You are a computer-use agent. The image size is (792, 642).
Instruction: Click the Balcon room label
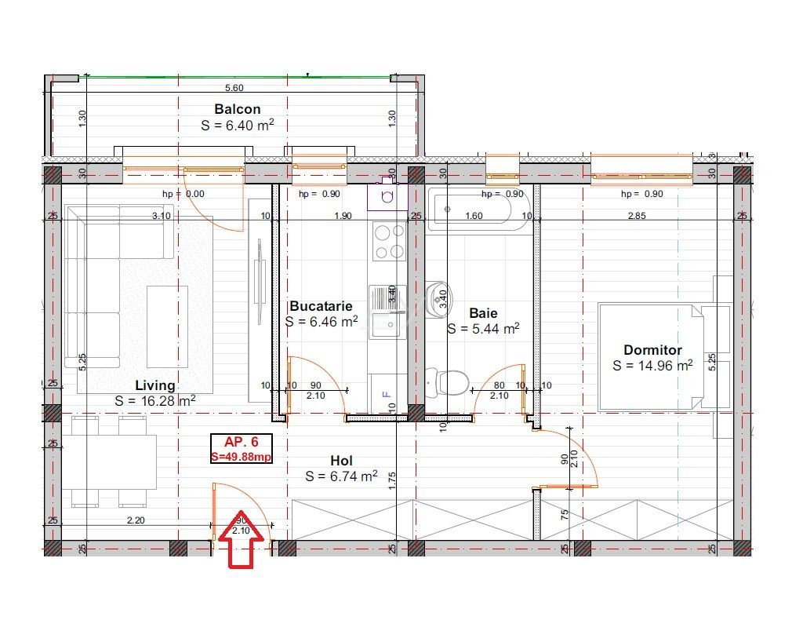pos(237,109)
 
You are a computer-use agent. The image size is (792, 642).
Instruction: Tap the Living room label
pos(155,385)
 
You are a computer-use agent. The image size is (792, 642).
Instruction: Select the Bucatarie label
pos(321,306)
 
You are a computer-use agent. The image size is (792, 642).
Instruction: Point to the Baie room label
pos(484,313)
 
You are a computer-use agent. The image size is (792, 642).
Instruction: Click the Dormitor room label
pos(652,350)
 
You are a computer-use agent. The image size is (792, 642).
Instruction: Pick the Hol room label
pos(341,461)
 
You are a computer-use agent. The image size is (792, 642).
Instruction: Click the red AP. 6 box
pos(242,448)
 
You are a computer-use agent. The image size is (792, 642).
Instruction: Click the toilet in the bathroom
pos(448,382)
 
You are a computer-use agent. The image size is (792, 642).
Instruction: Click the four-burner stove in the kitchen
pos(388,242)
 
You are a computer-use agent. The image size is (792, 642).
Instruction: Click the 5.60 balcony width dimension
pos(234,88)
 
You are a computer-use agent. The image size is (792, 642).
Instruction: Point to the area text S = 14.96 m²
pos(652,366)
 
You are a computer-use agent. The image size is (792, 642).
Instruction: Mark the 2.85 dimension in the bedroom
pos(637,216)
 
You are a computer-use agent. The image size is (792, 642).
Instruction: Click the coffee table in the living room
pos(167,326)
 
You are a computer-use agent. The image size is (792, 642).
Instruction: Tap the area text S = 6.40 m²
pos(237,125)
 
